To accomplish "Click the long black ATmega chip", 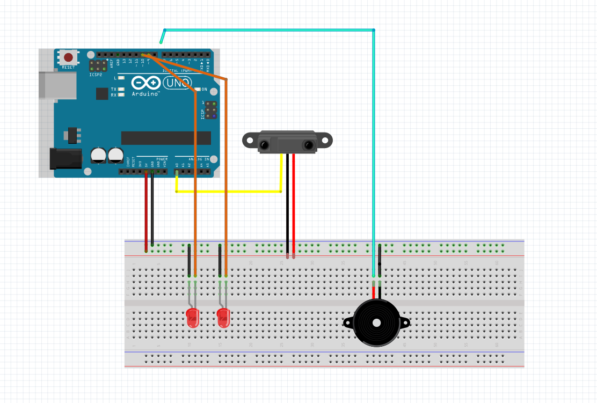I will tap(158, 138).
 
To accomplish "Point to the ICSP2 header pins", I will tap(98, 65).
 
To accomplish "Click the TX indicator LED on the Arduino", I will tap(122, 89).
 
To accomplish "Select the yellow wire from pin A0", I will tap(228, 191).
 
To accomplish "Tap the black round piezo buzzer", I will tap(376, 323).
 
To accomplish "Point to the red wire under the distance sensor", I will tap(294, 204).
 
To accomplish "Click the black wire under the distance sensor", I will tap(287, 204).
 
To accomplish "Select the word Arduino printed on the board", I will tap(146, 94).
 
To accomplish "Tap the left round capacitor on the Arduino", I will tap(99, 155).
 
